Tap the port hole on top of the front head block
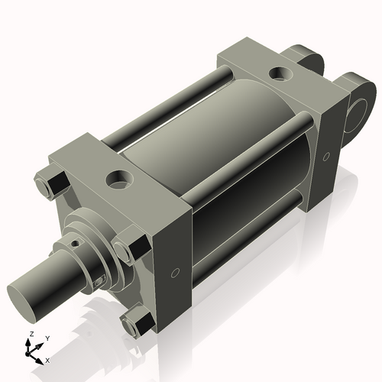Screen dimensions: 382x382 coord(119,181)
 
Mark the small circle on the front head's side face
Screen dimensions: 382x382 coord(175,272)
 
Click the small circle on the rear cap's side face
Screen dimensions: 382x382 coord(326,156)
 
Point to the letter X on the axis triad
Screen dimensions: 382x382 coord(48,358)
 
